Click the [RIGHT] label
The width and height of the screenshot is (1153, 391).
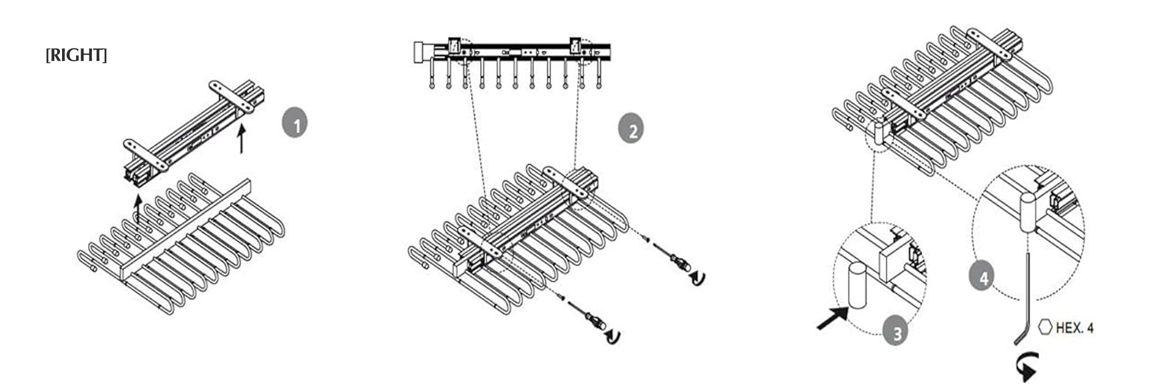pos(76,56)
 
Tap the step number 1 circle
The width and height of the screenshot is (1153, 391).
pos(295,124)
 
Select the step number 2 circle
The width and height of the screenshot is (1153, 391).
pos(632,130)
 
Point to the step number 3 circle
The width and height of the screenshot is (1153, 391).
pos(897,333)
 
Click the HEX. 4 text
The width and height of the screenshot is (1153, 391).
pos(1074,328)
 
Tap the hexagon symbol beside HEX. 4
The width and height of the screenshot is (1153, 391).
pos(1045,327)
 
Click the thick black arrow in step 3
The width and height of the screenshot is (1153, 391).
pos(834,318)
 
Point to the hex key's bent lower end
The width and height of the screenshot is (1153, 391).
pos(1020,337)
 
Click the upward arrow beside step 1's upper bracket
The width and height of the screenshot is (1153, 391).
pos(240,139)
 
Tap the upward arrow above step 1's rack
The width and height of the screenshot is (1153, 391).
pos(138,210)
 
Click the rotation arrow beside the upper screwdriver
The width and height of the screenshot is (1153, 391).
pos(697,279)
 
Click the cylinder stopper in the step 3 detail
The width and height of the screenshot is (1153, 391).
pos(857,285)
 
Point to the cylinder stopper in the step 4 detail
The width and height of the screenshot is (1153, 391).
pos(1028,211)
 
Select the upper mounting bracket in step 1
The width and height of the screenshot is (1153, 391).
pos(232,97)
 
